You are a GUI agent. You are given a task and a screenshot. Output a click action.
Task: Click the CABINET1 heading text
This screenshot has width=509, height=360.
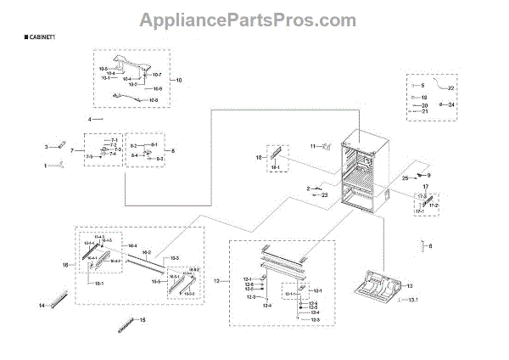[40, 39]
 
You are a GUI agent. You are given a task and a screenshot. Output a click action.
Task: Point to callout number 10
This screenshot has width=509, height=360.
[178, 80]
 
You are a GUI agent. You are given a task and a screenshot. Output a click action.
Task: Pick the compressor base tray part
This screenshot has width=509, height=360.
[375, 287]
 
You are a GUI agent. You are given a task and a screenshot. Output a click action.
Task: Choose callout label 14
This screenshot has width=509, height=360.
[42, 305]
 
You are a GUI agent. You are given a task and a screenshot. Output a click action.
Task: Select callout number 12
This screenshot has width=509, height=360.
[217, 279]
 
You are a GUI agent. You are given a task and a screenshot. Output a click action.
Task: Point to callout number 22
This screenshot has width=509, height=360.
[451, 88]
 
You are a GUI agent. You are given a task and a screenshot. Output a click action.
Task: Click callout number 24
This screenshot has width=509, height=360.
[451, 104]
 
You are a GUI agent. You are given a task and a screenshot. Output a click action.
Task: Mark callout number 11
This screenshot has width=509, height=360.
[312, 145]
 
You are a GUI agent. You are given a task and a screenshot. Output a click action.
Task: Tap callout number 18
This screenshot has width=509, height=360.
[259, 158]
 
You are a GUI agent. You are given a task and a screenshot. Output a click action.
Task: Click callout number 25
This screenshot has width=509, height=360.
[406, 178]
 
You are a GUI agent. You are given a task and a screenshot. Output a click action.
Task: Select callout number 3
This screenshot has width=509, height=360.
[48, 148]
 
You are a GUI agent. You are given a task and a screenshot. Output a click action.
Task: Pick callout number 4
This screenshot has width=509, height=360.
[88, 119]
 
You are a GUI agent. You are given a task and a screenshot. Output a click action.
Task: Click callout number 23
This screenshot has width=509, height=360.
[325, 195]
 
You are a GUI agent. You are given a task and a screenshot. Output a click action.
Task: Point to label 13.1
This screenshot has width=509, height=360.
[414, 301]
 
